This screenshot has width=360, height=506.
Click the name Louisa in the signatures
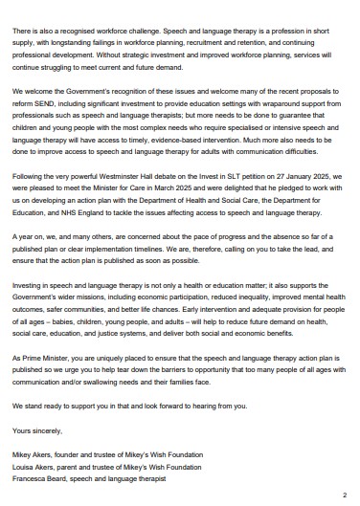click(x=25, y=466)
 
